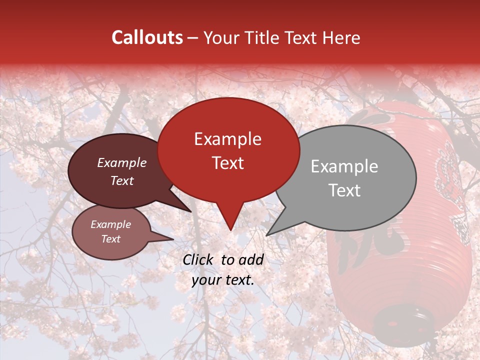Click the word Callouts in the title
click(147, 37)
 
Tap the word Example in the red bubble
click(227, 139)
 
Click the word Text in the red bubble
click(227, 163)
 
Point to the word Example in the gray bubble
click(344, 166)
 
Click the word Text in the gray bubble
click(344, 190)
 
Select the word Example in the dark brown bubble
click(121, 163)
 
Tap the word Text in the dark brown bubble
click(121, 181)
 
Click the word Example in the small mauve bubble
click(110, 224)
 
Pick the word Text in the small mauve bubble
click(110, 239)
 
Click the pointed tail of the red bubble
click(230, 222)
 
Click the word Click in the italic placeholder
click(198, 259)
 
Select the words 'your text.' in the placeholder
click(222, 280)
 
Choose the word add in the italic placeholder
click(251, 259)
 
